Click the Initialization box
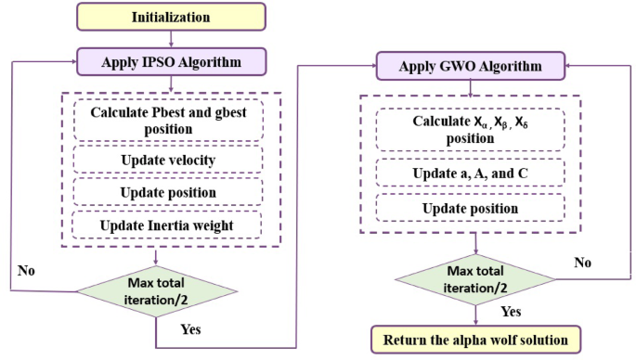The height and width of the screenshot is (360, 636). click(x=170, y=17)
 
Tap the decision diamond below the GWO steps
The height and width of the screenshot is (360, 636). click(x=475, y=276)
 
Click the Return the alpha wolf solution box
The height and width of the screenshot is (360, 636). click(x=475, y=340)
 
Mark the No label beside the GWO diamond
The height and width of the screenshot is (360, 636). click(x=582, y=263)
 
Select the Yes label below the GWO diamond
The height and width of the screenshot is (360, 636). click(x=510, y=313)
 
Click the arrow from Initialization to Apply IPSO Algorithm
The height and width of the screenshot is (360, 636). click(x=170, y=39)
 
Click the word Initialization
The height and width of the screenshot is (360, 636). click(x=170, y=17)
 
